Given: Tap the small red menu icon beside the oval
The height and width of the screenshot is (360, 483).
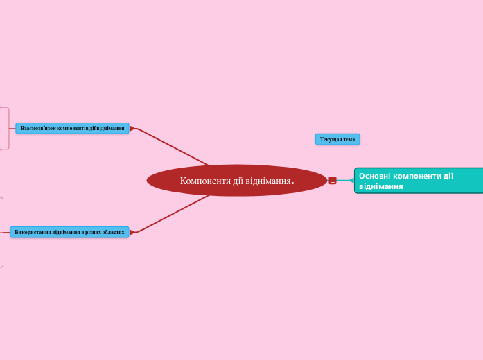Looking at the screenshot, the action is [333, 181].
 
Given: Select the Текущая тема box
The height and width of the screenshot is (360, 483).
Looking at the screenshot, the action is [337, 139].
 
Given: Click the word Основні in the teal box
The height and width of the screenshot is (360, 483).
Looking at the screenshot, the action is [376, 176].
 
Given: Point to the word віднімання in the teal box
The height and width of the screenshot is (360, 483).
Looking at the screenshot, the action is [380, 187].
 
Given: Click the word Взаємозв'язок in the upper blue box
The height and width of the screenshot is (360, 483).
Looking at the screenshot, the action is [38, 128].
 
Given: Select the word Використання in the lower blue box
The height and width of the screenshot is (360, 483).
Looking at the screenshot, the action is [33, 232].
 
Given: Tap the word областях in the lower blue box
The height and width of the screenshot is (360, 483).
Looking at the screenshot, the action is [113, 232].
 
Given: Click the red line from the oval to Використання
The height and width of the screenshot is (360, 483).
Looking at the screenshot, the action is [173, 214].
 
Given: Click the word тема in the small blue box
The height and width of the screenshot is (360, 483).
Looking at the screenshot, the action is [349, 139].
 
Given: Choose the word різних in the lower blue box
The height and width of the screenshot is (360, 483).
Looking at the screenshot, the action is [92, 232].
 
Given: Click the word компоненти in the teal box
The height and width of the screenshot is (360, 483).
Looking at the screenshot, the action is [418, 176].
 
